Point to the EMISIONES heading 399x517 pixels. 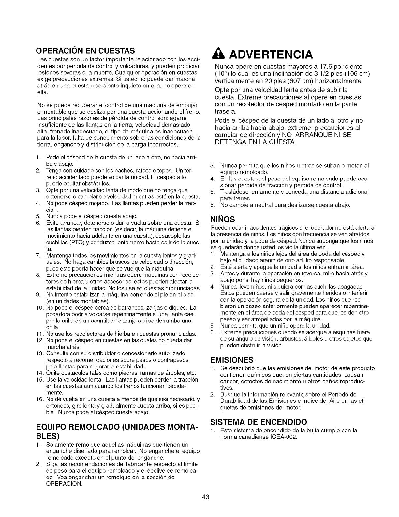pos(232,360)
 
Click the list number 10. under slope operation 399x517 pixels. pos(40,307)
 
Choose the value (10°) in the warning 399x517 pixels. pos(222,73)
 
